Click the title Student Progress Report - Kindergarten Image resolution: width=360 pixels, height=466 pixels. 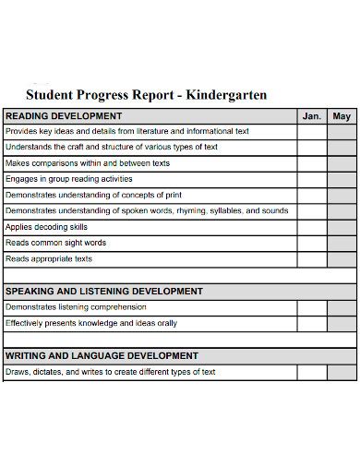[147, 94]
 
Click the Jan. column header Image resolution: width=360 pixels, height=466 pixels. [312, 116]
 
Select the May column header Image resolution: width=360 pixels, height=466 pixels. [342, 116]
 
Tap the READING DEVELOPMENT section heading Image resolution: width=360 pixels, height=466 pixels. [64, 116]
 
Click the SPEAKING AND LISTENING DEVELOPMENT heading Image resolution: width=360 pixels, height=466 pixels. [104, 291]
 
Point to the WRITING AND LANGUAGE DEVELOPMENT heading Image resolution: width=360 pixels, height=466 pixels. [102, 355]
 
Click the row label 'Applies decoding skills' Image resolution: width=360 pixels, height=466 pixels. [46, 227]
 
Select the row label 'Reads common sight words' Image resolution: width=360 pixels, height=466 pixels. [55, 243]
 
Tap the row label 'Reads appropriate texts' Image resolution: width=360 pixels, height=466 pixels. [49, 258]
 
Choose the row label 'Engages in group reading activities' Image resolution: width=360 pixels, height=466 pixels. [69, 179]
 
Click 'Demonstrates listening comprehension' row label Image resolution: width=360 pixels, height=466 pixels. [76, 307]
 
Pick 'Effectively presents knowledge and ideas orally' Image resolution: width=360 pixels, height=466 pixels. [91, 323]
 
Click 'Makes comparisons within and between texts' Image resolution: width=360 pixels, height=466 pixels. [88, 163]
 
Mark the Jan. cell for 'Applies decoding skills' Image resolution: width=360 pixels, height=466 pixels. [312, 227]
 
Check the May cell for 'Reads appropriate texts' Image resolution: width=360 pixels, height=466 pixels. [342, 258]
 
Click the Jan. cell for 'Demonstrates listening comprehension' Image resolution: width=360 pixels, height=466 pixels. [312, 307]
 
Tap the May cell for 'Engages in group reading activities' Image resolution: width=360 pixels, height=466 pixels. [342, 179]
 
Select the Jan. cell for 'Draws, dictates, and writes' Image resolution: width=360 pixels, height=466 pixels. [312, 372]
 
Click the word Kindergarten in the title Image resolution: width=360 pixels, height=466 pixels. [226, 94]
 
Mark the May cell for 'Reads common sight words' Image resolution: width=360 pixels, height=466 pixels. [342, 243]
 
